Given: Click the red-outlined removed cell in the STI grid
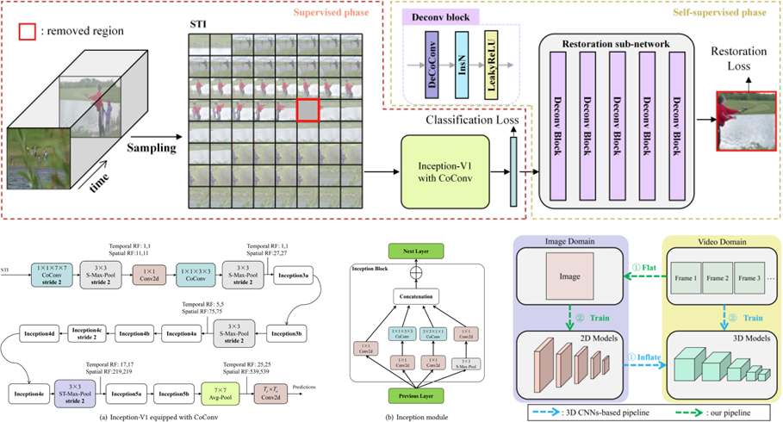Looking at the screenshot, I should pos(308,111).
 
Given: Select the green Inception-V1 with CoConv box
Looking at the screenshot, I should pos(438,170).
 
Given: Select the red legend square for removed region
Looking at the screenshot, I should pos(27,31).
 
